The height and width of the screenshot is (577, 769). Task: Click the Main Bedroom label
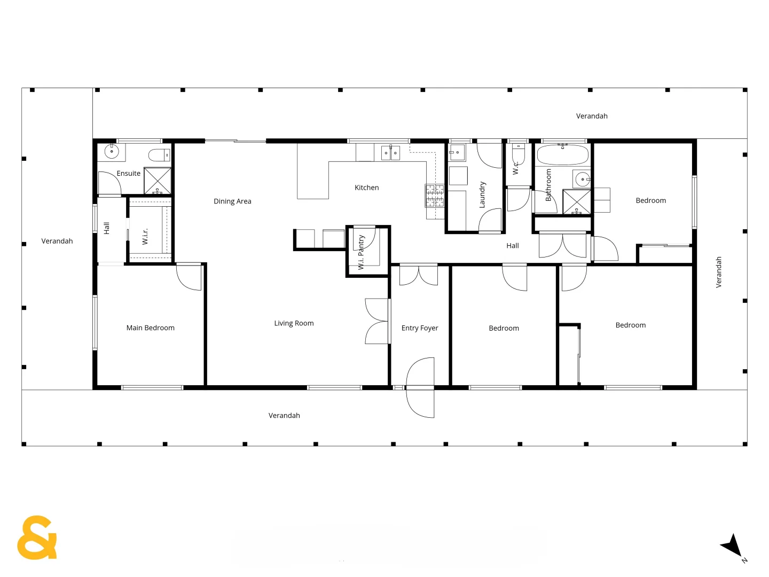(x=150, y=328)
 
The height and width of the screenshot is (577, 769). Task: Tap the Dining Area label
(x=232, y=201)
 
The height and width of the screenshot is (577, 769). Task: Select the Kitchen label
(x=367, y=188)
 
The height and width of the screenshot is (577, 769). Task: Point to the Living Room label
(x=294, y=323)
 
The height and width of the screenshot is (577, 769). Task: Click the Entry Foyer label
(x=420, y=328)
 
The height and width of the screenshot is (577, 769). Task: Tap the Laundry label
(x=482, y=194)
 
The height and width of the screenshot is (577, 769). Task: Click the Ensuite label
(x=129, y=174)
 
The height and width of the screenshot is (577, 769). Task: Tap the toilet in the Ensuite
(x=159, y=155)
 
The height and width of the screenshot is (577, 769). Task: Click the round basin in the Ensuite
(x=112, y=152)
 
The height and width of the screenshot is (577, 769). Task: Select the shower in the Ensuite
(x=158, y=181)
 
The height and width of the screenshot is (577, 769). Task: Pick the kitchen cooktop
(x=435, y=196)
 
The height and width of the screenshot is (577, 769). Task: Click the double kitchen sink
(x=390, y=153)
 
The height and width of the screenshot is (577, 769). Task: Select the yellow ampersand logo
(x=37, y=537)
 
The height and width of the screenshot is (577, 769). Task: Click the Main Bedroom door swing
(x=190, y=277)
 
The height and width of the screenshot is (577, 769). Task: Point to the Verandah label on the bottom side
(x=284, y=416)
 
